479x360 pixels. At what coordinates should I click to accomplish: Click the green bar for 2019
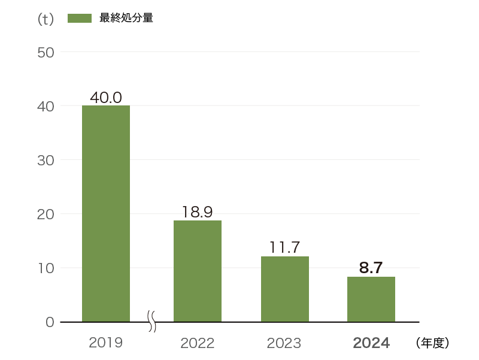click(106, 213)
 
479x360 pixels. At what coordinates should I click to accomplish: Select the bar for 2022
click(198, 271)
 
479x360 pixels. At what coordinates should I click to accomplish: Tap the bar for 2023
click(285, 289)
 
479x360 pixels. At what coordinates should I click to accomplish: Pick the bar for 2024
click(371, 299)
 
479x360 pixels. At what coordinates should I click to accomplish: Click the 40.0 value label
click(106, 98)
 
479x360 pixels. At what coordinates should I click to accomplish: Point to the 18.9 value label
click(198, 213)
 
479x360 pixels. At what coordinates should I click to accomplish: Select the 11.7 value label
click(285, 248)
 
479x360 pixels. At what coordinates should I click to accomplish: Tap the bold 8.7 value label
click(371, 268)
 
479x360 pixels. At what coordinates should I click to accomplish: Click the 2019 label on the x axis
click(106, 343)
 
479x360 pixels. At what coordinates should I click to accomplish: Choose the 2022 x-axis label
click(198, 343)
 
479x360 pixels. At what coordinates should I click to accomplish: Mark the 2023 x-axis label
click(284, 343)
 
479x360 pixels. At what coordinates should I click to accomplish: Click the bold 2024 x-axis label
click(371, 343)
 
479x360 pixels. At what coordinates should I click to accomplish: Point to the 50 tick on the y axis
click(46, 52)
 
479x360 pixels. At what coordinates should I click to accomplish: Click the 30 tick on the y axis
click(46, 160)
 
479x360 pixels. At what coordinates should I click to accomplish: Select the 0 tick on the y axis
click(50, 322)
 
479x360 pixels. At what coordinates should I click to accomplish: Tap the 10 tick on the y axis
click(46, 268)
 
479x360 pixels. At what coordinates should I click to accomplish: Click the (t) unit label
click(46, 19)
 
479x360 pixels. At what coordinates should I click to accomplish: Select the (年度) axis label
click(432, 343)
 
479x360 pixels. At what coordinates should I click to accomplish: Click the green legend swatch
click(80, 19)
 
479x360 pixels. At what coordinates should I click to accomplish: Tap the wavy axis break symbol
click(152, 322)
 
